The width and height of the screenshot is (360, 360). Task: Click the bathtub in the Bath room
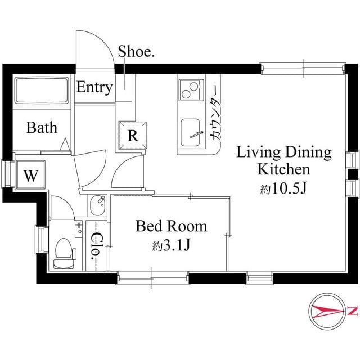click(42, 91)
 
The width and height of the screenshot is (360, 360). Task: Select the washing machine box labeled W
click(31, 175)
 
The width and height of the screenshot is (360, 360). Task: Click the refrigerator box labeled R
click(133, 135)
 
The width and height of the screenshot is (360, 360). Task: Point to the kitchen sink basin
click(190, 133)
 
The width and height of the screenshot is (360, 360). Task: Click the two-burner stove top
click(191, 90)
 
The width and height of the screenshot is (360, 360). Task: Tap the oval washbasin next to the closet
click(98, 205)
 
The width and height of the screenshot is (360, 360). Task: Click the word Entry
click(94, 88)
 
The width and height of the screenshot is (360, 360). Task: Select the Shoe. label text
click(136, 51)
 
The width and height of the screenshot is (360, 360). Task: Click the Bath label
click(42, 128)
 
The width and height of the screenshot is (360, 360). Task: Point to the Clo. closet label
click(96, 246)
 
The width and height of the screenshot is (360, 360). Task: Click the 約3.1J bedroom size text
click(171, 246)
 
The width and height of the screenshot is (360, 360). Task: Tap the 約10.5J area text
click(283, 189)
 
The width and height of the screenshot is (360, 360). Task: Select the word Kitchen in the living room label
click(283, 169)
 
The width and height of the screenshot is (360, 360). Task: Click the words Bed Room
click(171, 226)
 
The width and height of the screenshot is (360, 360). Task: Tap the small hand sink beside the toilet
click(79, 227)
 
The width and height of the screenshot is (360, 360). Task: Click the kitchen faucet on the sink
click(197, 134)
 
